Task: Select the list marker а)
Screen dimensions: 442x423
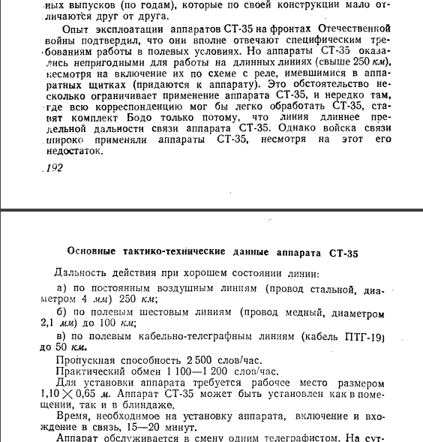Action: point(62,288)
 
